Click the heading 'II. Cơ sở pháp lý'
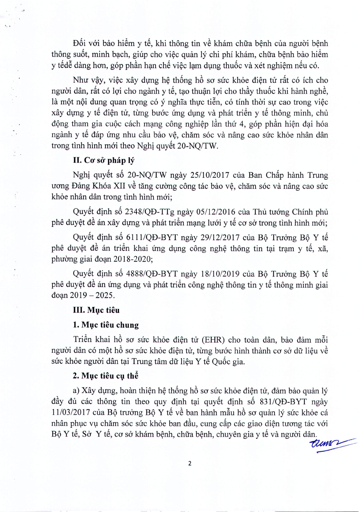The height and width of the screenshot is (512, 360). (x=104, y=160)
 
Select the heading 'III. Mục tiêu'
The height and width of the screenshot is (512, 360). (x=96, y=310)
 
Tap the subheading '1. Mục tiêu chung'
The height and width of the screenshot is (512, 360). (x=106, y=325)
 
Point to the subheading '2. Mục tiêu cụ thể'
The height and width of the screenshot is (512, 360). (x=106, y=376)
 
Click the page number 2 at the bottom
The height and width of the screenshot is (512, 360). (x=190, y=463)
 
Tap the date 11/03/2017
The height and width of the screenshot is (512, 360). (x=71, y=413)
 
